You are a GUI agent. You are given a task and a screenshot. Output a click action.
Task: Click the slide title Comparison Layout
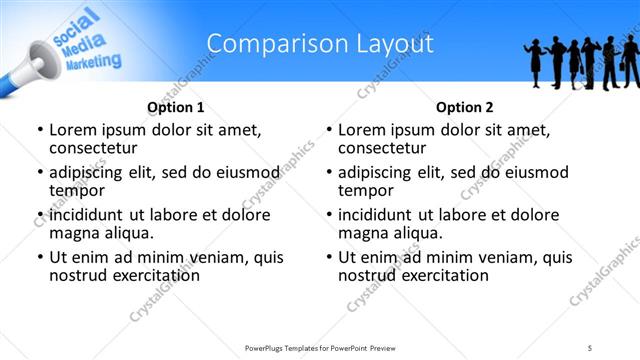(x=320, y=43)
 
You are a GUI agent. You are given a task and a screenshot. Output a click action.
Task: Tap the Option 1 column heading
(x=176, y=107)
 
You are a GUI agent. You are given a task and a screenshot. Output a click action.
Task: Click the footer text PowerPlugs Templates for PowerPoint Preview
(x=320, y=347)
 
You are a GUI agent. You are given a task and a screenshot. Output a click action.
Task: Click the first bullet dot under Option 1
(x=39, y=130)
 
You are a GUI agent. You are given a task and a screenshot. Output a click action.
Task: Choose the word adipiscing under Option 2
(x=378, y=172)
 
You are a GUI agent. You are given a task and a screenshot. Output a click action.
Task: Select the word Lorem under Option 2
(x=361, y=129)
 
